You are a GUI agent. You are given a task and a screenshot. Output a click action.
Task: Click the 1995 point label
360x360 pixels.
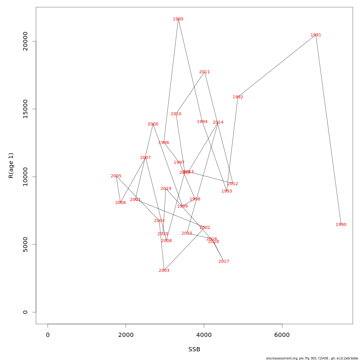click(178, 19)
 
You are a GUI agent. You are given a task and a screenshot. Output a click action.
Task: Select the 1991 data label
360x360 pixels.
click(316, 35)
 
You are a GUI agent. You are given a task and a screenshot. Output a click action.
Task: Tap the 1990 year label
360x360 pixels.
click(341, 225)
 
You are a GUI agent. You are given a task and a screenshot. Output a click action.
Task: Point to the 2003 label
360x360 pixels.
click(164, 271)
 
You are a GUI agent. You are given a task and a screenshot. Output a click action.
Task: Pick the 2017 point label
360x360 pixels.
click(224, 262)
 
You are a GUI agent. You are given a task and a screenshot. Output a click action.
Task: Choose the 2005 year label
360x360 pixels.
click(116, 176)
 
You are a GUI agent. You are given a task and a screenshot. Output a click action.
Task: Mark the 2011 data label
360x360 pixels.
click(205, 72)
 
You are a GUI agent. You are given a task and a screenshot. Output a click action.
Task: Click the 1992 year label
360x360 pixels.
click(238, 97)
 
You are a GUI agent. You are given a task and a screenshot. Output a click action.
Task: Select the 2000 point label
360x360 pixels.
click(153, 124)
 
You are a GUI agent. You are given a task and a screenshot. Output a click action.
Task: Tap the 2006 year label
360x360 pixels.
click(121, 203)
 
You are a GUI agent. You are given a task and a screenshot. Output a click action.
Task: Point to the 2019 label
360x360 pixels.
click(166, 189)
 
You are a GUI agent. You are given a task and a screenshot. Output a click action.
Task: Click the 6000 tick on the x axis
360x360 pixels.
click(282, 335)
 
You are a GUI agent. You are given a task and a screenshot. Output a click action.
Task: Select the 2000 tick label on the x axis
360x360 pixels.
click(126, 335)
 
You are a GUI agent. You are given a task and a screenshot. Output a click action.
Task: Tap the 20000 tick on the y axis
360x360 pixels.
click(25, 41)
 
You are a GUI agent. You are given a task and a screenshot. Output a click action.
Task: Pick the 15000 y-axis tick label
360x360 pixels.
click(25, 109)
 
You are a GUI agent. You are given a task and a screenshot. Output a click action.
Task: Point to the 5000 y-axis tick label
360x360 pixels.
click(25, 244)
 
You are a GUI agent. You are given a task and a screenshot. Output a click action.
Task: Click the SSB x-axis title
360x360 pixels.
click(194, 349)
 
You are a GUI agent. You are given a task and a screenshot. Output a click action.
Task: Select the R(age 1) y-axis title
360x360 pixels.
click(11, 166)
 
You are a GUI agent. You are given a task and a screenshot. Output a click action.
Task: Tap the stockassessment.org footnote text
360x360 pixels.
click(312, 358)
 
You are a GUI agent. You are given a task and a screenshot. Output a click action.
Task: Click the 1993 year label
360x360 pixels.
click(227, 191)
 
